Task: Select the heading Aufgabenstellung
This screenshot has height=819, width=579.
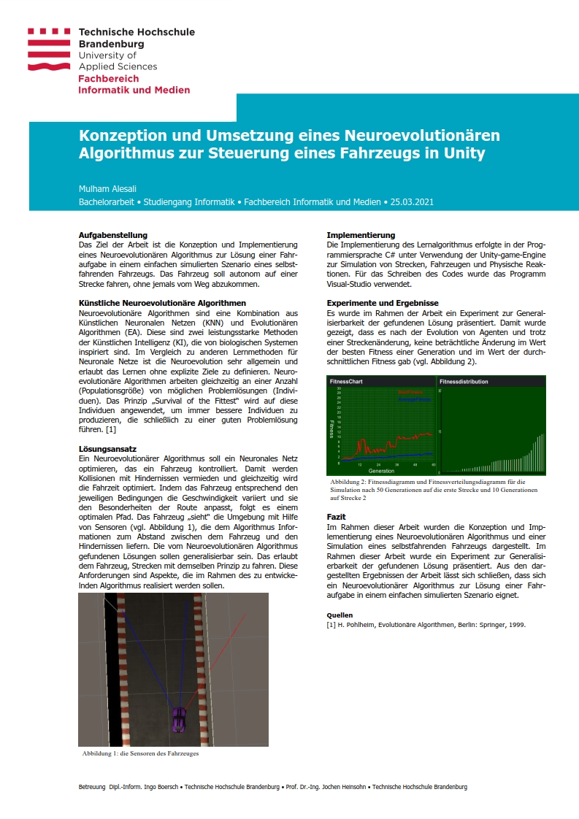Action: (113, 234)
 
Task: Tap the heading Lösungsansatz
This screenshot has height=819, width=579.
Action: (107, 448)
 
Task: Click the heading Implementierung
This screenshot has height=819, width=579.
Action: (361, 234)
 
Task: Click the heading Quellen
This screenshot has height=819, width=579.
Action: (340, 615)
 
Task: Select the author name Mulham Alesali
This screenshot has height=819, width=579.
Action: (107, 188)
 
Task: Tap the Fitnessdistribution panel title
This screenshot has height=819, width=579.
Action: (464, 382)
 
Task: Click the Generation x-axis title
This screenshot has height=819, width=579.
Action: (382, 472)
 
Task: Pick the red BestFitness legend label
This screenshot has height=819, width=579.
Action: (409, 393)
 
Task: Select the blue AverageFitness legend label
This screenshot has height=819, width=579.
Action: (414, 400)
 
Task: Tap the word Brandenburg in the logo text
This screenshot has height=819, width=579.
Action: (111, 44)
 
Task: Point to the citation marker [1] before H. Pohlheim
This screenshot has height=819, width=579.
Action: (331, 625)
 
